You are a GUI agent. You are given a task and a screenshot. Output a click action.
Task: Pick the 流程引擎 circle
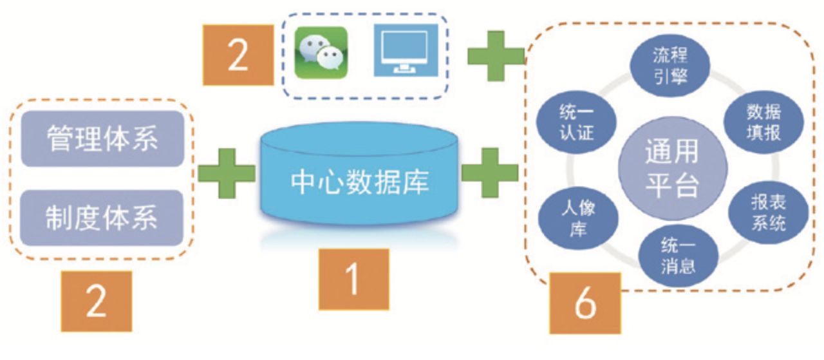click(671, 66)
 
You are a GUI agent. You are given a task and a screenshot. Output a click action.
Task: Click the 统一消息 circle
click(678, 256)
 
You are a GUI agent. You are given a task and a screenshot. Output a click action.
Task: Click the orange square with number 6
click(585, 303)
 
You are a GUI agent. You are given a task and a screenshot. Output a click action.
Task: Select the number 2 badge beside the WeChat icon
click(238, 55)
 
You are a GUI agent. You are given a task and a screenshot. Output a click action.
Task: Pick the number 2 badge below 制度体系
click(96, 301)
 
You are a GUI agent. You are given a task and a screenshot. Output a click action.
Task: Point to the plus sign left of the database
click(226, 173)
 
